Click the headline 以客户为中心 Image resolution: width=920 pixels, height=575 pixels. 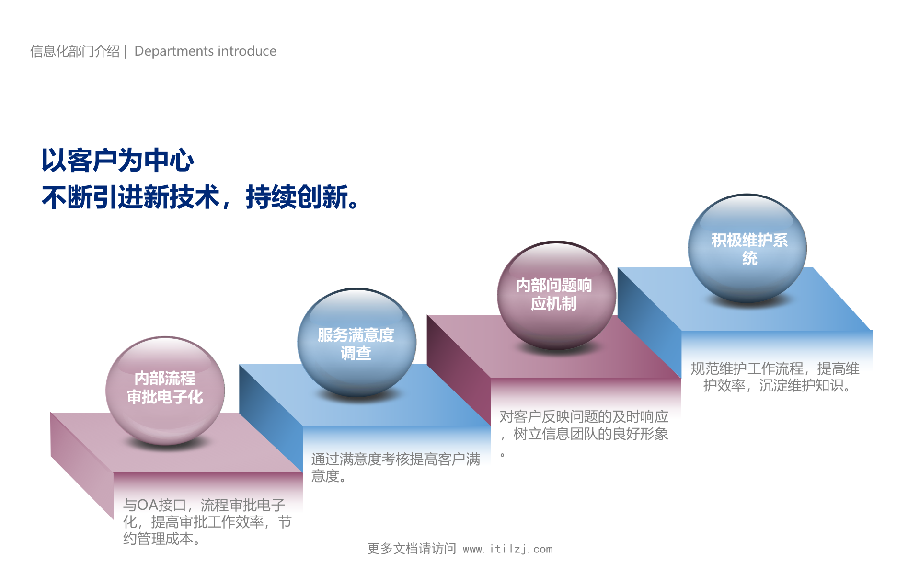coord(117,160)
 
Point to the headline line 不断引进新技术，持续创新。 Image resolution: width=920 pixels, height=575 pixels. coord(199,197)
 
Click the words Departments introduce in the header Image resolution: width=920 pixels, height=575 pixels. coord(205,51)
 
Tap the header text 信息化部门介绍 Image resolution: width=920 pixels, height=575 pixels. coord(75,51)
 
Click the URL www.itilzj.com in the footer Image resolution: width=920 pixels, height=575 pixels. coord(507,549)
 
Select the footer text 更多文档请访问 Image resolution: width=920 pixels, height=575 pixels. coord(412,549)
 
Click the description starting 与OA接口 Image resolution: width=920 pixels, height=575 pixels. coord(207,521)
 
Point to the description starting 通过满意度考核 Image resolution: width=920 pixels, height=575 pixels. coord(395,467)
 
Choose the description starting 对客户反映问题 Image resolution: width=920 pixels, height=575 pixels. coord(583,425)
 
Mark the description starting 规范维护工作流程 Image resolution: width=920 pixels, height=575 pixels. coord(775,377)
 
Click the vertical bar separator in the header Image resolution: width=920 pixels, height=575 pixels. coord(126,51)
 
